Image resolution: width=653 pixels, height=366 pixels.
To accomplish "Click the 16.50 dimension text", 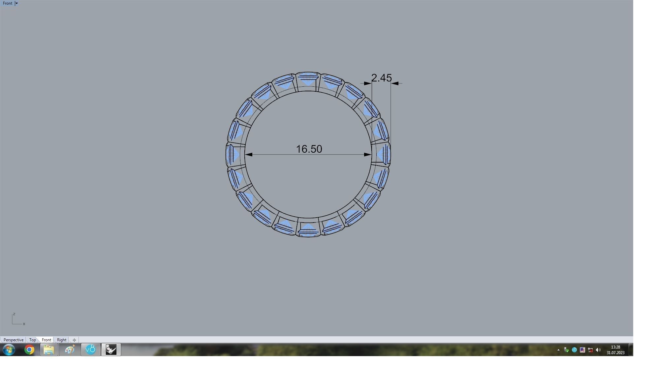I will [x=309, y=149].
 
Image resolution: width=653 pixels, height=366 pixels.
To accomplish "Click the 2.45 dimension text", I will [x=381, y=78].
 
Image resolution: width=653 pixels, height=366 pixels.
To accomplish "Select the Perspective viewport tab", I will [x=14, y=340].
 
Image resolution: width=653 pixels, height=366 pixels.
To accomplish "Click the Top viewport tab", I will [x=32, y=340].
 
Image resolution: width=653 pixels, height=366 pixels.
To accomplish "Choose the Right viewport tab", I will [x=62, y=340].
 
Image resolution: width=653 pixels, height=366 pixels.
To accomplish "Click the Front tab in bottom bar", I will [x=47, y=340].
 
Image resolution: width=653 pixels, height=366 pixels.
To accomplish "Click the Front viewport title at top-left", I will [x=7, y=3].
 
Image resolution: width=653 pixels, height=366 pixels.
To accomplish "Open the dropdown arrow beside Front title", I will [x=16, y=3].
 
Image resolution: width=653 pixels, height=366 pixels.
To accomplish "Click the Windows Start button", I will [x=9, y=350].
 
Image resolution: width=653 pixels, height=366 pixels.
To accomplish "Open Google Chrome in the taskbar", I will [x=29, y=350].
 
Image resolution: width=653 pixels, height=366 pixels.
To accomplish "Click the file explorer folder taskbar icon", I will [x=49, y=350].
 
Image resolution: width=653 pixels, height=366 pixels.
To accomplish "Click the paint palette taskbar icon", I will [x=70, y=350].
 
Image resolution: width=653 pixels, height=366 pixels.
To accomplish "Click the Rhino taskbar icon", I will [x=111, y=350].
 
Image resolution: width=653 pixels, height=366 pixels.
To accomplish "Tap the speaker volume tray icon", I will [x=598, y=350].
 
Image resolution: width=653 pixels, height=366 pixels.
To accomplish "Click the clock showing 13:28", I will [x=615, y=347].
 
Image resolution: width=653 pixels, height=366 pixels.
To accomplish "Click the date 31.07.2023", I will [x=615, y=353].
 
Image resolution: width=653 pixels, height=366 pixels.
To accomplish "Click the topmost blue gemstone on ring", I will [x=308, y=79].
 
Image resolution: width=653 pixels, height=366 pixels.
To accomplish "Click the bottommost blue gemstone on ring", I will [x=308, y=229].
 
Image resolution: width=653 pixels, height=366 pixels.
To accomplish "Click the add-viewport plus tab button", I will [x=74, y=340].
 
